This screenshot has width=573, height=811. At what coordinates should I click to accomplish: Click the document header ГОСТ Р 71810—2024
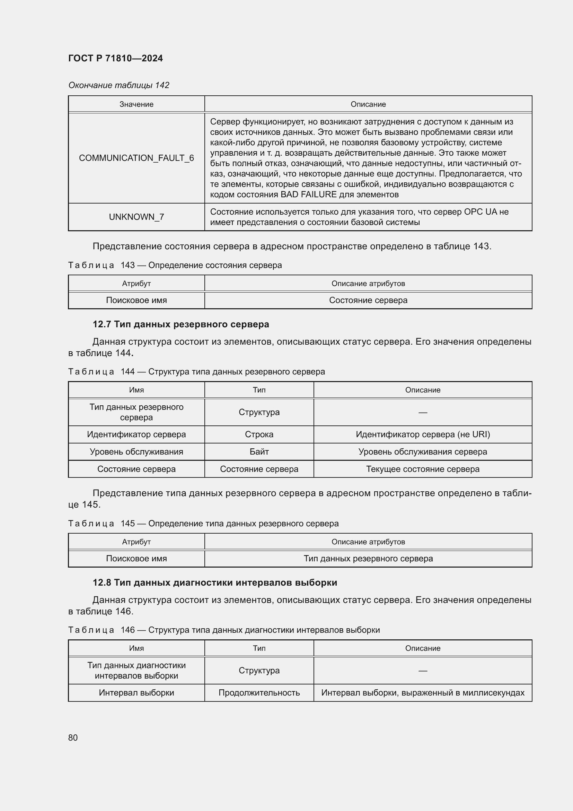tap(115, 58)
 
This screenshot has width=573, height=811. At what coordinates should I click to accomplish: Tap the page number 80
tap(73, 737)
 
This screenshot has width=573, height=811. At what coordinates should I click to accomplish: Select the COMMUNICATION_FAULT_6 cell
tap(136, 158)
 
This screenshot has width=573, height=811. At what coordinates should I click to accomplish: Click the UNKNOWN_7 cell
tap(136, 217)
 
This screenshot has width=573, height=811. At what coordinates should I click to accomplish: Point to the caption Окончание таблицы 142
tap(118, 85)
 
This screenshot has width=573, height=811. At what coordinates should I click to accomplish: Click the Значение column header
tap(136, 104)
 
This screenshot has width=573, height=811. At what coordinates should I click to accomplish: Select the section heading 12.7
tap(180, 324)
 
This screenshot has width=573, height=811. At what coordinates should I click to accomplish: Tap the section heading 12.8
tap(214, 583)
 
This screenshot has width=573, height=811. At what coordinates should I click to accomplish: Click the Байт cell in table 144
tap(259, 452)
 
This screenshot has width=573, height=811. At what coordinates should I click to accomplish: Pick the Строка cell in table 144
tap(259, 434)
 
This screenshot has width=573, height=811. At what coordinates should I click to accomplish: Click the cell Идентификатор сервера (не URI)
tap(423, 434)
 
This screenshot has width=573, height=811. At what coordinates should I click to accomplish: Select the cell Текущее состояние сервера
tap(423, 469)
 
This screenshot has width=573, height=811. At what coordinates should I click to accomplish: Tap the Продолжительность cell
tap(259, 693)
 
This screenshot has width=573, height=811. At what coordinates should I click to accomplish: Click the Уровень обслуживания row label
tap(136, 452)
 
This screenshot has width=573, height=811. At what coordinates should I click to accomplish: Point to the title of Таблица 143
tap(175, 265)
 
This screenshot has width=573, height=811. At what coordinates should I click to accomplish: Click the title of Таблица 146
tap(224, 630)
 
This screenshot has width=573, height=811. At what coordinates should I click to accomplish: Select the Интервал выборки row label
tap(136, 693)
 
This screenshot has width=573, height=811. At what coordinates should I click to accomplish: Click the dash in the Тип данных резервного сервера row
tap(423, 413)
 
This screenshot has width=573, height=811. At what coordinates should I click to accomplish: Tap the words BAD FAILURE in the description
tap(308, 195)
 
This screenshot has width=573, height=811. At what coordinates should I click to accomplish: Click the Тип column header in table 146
tap(259, 648)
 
